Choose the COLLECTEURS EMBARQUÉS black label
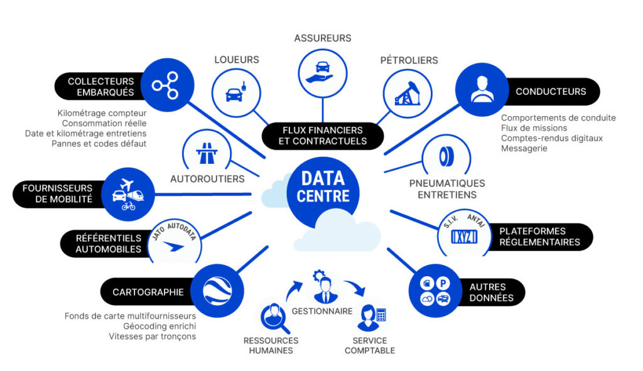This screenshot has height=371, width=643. click(x=99, y=87)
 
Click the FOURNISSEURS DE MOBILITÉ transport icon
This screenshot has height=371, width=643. click(x=128, y=193)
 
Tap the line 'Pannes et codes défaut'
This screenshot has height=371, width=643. click(x=99, y=143)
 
